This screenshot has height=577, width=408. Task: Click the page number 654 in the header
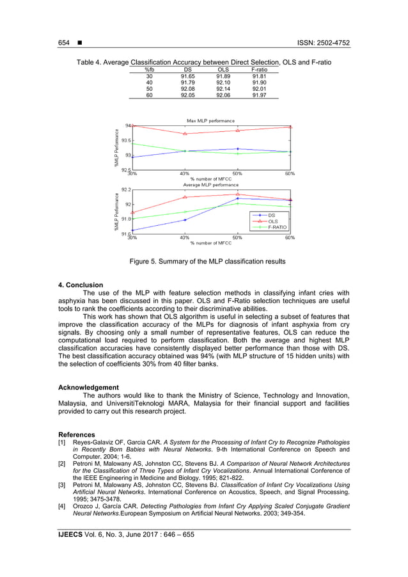coord(64,43)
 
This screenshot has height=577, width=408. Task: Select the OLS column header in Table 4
coord(223,69)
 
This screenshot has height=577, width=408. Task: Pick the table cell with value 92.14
coord(223,88)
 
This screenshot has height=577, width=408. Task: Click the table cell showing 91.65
coord(187,75)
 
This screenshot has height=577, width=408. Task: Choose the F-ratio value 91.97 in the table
coord(259,95)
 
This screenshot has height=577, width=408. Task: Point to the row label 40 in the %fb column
coord(149,82)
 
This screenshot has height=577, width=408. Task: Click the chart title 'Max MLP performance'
coord(210,120)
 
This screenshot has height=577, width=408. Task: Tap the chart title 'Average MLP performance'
coord(210,185)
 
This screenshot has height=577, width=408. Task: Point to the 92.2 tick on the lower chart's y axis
coord(125,190)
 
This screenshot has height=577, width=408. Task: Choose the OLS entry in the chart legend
coord(273,221)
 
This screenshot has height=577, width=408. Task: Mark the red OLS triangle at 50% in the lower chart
coord(237,194)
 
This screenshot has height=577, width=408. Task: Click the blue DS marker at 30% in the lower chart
coord(132,230)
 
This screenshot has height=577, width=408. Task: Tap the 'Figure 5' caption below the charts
coord(207,262)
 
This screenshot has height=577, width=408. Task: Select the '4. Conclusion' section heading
coord(81,285)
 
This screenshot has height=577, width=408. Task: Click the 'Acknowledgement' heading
coord(88,387)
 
